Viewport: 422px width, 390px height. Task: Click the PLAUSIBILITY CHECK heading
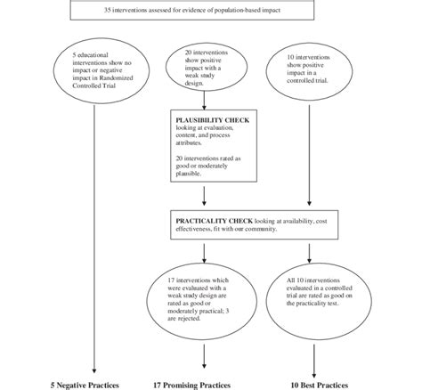coord(207,118)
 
